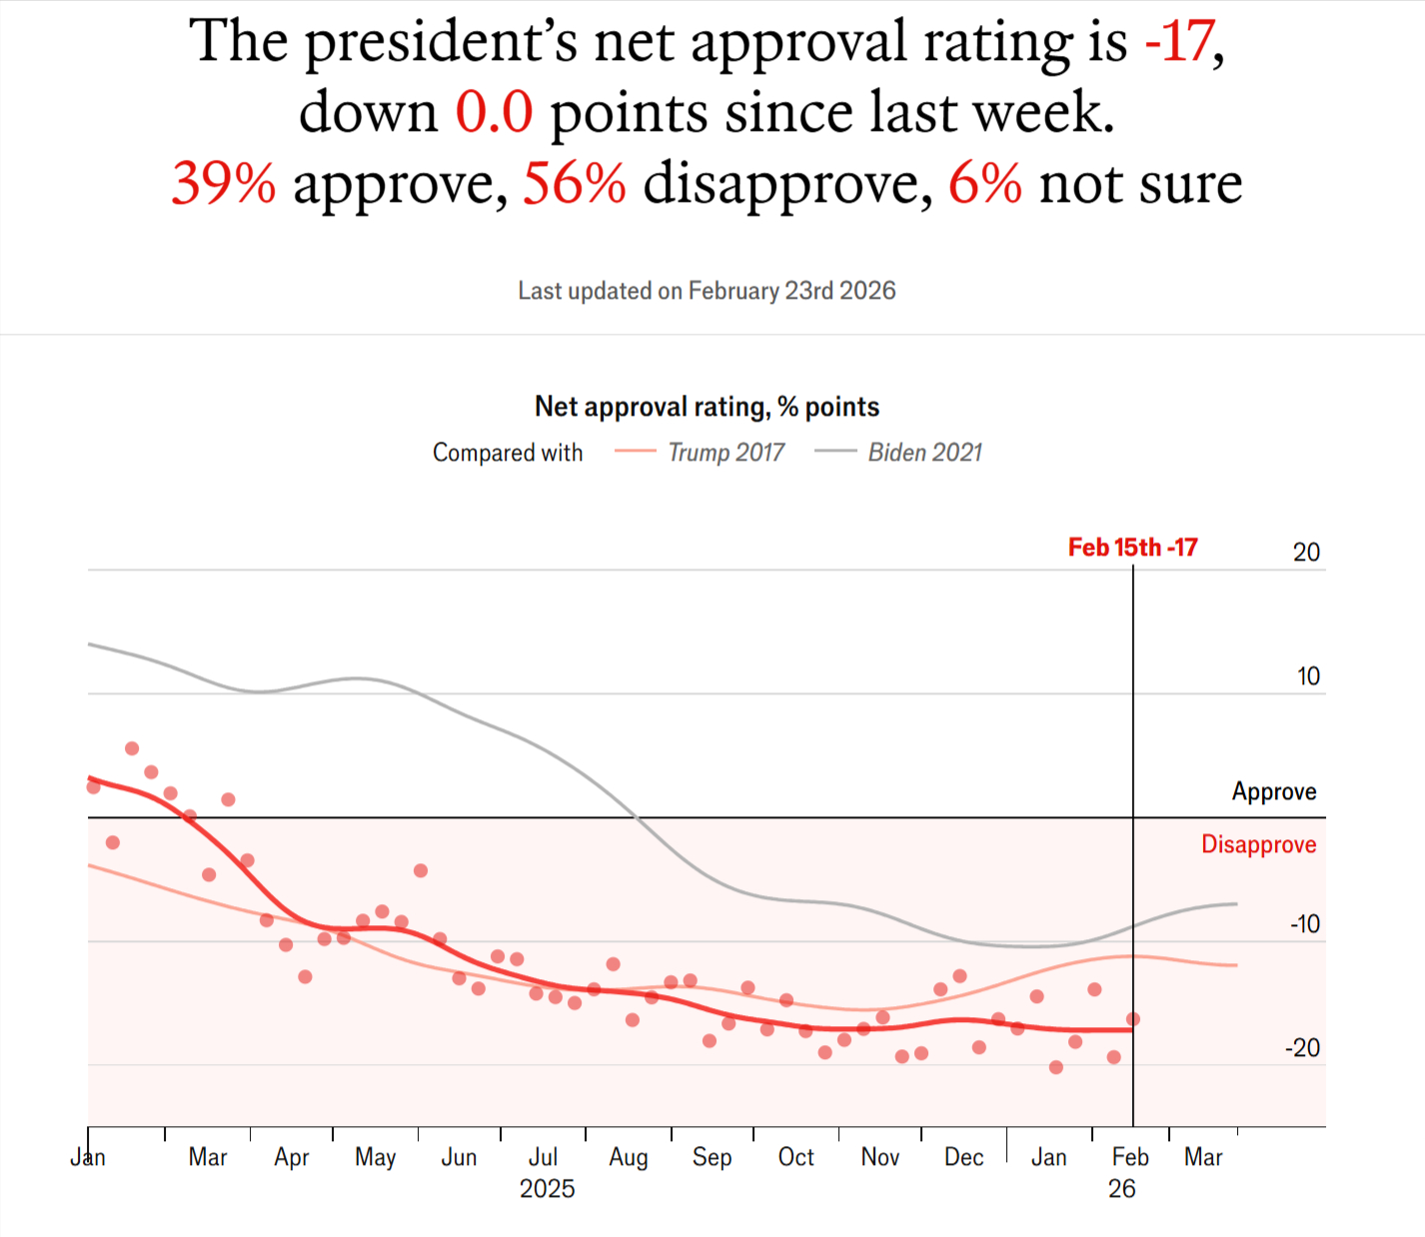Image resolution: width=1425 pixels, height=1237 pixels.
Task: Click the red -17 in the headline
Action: pos(1179,42)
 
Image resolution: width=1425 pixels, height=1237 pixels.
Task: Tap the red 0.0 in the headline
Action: pos(494,112)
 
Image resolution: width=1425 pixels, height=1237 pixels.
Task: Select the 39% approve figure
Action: pos(223,184)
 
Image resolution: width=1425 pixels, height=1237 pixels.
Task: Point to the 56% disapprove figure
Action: pos(575,184)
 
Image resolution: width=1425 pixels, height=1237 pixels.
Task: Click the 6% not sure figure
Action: pos(984,184)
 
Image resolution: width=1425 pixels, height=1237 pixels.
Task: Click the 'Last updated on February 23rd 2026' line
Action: pos(707,291)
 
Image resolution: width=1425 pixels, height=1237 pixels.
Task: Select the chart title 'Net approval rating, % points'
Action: pos(707,407)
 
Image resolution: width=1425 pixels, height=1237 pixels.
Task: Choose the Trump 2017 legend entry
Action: pos(700,453)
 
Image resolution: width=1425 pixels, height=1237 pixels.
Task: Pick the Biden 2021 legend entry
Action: pos(898,453)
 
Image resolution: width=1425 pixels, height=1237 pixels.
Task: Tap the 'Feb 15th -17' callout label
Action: pos(1132,548)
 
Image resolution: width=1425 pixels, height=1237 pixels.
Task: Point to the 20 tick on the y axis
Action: pos(1306,553)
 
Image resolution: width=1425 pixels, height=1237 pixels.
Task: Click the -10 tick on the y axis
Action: pos(1304,924)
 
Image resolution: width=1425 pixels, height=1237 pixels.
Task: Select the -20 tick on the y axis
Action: pos(1302,1048)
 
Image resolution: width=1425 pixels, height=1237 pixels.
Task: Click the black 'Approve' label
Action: pos(1273,792)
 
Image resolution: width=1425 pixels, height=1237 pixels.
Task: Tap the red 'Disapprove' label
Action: pos(1258,845)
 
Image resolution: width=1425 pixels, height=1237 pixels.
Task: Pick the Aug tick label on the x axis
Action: pos(629,1157)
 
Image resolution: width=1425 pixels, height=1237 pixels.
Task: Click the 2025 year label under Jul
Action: pos(547,1189)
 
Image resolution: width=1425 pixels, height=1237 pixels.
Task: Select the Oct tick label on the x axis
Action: pos(796,1157)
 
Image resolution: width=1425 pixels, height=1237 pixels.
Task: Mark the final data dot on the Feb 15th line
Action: pos(1133,1019)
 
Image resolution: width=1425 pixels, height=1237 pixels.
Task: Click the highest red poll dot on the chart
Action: pos(132,748)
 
